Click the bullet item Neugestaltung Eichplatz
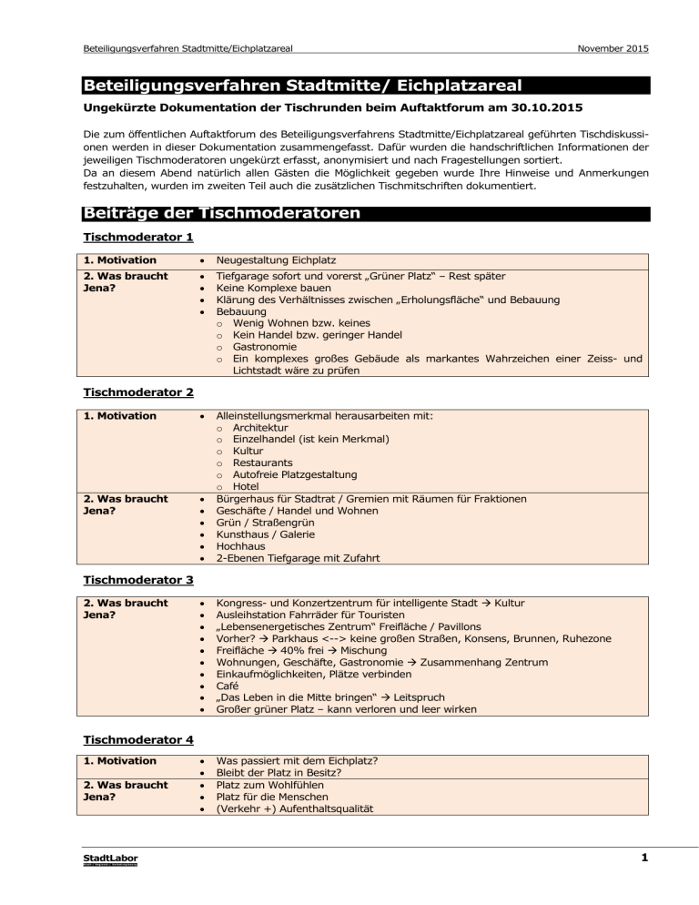point(275,259)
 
